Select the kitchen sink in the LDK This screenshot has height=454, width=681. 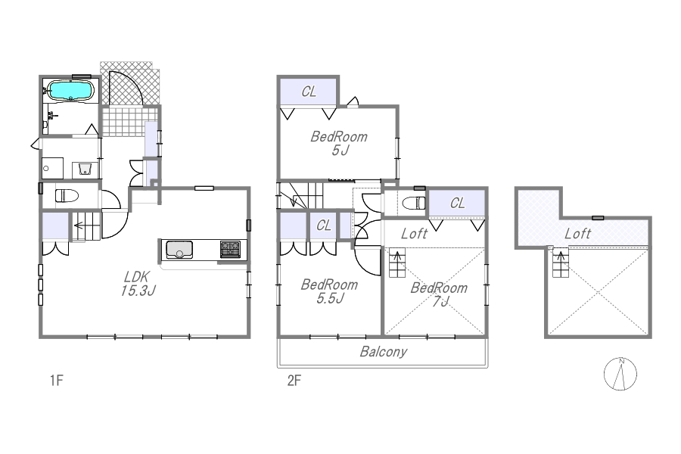[x=179, y=250]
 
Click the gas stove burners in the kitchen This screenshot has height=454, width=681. [x=230, y=250]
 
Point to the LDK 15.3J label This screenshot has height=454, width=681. [x=138, y=284]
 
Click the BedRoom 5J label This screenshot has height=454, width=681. [x=339, y=143]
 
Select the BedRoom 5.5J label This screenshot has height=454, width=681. [x=330, y=291]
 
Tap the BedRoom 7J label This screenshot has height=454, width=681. [x=439, y=294]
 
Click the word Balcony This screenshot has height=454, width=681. [x=384, y=351]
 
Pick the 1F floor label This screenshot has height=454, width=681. [x=57, y=381]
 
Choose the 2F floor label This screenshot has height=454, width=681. [x=294, y=381]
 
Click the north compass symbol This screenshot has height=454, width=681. [x=620, y=374]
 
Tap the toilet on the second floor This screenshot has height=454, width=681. [x=414, y=203]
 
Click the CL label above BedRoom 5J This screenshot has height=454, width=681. [x=309, y=92]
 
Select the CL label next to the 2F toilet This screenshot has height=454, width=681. [x=457, y=203]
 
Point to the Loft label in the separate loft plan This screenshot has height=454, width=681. [x=577, y=234]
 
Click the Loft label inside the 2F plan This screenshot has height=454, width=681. [x=415, y=234]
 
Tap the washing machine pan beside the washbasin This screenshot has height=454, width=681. [x=52, y=168]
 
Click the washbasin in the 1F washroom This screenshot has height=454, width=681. [x=85, y=169]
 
